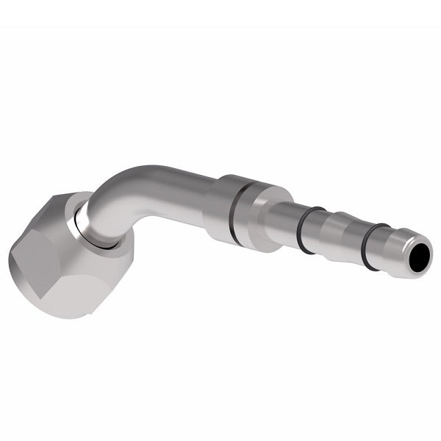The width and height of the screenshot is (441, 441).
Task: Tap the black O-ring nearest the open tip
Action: (373, 247)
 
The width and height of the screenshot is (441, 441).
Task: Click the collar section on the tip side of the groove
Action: (254, 215)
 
